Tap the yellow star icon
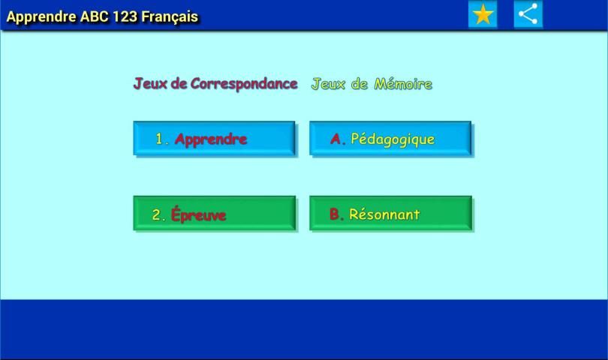(x=483, y=15)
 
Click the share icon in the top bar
(x=528, y=15)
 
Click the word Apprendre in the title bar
(x=41, y=17)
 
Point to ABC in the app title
(x=95, y=16)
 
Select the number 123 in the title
(x=125, y=16)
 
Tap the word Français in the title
(x=170, y=17)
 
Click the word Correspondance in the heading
(x=244, y=84)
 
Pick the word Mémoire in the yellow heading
(x=403, y=84)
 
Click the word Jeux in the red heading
(x=150, y=83)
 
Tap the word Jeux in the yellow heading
(x=328, y=84)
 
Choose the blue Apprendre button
(x=214, y=139)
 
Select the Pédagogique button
(x=390, y=139)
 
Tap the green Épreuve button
(x=215, y=214)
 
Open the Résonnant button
(x=391, y=214)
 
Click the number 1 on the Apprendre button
(x=159, y=139)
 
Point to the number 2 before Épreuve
(x=156, y=214)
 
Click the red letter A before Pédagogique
(x=336, y=139)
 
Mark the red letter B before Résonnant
(x=334, y=214)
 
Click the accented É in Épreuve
(x=176, y=214)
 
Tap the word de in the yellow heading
(x=360, y=84)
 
